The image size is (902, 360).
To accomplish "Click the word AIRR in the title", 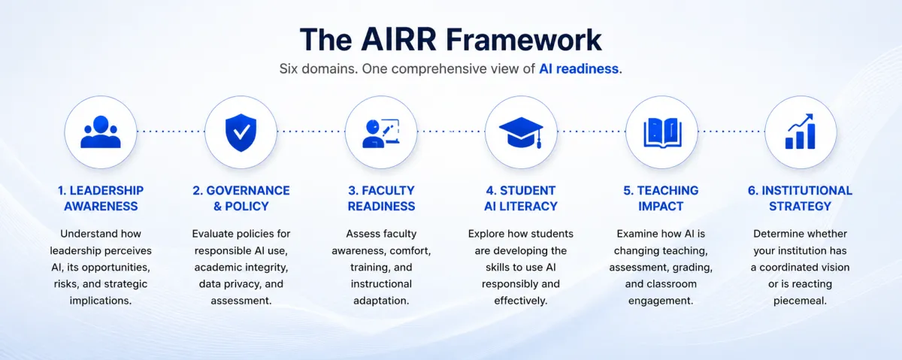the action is coord(398,40).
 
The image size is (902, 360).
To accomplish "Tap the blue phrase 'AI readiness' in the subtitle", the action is coord(579,69).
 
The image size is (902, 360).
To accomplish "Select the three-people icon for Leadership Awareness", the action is coord(101,132).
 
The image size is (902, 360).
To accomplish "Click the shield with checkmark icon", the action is coord(241,132).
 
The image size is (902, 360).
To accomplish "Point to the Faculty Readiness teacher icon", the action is coord(381,133).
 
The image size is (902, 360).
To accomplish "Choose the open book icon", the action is coord(661,133).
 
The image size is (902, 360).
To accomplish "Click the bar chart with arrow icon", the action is coord(801,132).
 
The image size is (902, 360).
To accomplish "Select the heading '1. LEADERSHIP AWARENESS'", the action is coord(101,198).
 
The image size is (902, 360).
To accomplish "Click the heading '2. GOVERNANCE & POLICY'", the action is coord(241,198).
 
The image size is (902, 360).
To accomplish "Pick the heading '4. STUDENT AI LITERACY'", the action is coord(521,198).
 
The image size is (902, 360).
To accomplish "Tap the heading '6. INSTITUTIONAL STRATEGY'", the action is coord(800,198).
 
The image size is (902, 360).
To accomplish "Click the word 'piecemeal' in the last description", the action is coord(799,301).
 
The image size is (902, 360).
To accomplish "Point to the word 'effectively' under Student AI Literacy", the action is coord(519,301).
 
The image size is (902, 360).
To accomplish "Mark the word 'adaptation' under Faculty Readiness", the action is coord(380,301).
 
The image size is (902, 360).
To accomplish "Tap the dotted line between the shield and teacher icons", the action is coord(311,132).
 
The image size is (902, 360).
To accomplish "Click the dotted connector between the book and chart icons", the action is coord(731,132).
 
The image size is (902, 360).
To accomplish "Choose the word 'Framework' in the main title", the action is coord(524,40).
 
